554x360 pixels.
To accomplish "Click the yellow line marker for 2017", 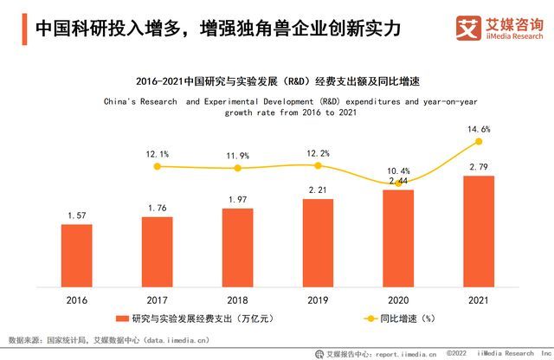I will [157, 166].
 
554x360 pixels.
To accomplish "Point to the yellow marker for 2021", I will [479, 141].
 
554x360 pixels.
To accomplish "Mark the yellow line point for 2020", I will [398, 183].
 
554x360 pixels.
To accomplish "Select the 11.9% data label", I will [237, 156].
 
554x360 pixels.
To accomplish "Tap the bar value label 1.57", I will [76, 215].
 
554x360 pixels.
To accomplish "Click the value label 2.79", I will [479, 166].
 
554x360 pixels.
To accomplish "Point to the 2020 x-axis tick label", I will [398, 299].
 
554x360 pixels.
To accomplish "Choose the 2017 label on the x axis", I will [157, 299].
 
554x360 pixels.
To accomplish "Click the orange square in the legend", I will [124, 318].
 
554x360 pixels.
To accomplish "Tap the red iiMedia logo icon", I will [469, 29].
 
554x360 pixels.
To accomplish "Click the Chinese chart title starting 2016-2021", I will [277, 83].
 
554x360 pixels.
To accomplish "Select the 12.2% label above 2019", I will [318, 154].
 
